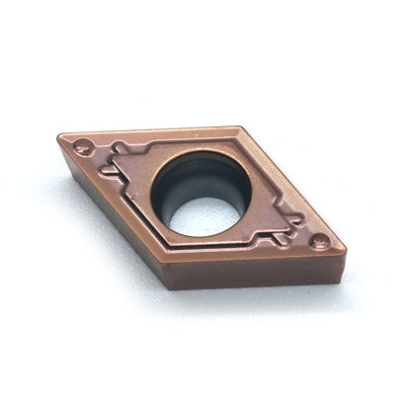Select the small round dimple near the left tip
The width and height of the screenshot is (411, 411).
(84, 147)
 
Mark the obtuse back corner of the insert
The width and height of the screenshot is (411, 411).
(239, 126)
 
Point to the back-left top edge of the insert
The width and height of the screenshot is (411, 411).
(148, 131)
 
